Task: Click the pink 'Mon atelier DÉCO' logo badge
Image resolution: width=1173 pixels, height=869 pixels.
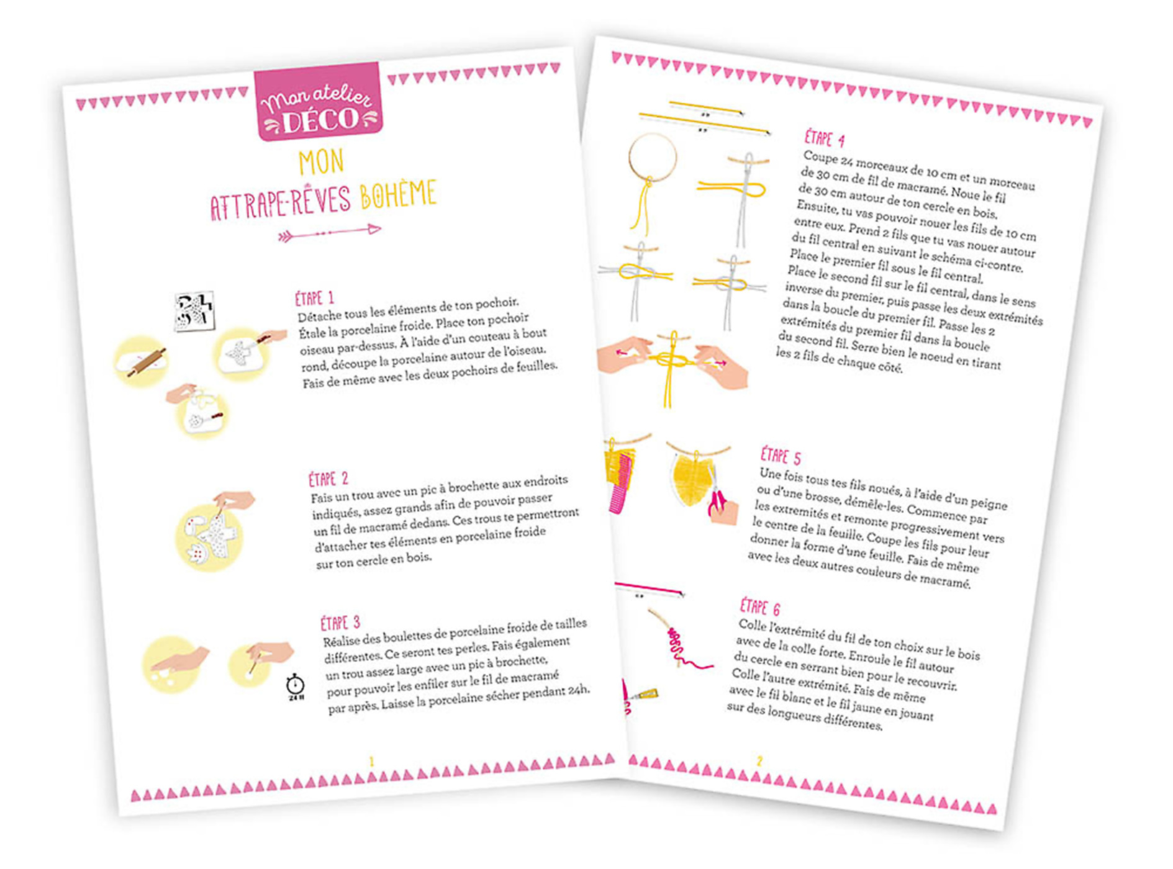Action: (317, 102)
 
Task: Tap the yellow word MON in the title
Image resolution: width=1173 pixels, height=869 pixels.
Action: (321, 162)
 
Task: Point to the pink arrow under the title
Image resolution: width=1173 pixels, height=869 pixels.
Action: (329, 232)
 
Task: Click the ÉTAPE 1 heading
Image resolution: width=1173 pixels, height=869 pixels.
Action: (314, 299)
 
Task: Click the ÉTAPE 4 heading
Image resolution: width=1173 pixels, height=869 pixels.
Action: (824, 138)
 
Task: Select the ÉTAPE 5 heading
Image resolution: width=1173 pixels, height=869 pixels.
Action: (781, 456)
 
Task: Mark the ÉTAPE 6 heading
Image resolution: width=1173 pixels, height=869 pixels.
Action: (759, 606)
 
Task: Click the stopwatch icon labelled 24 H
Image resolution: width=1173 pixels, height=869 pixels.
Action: (296, 686)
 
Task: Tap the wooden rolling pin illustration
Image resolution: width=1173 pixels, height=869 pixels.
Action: (148, 362)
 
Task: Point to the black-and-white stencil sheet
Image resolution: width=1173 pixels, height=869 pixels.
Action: (194, 312)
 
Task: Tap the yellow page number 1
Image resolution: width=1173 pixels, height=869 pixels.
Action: (371, 762)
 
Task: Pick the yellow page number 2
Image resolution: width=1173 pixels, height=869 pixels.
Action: (759, 761)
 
